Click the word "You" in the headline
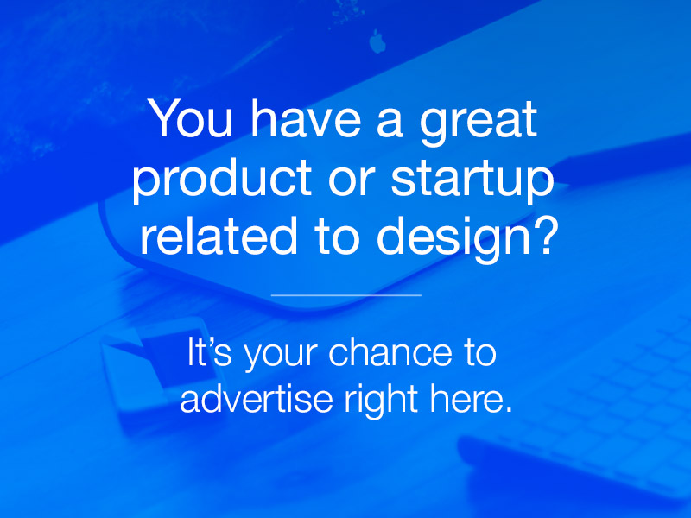click(x=192, y=119)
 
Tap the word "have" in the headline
click(x=306, y=118)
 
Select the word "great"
click(x=479, y=123)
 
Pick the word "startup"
click(x=472, y=180)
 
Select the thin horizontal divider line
click(x=346, y=295)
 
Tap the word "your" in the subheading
click(x=281, y=356)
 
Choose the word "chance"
click(x=390, y=351)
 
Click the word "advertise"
click(x=257, y=398)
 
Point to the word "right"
click(x=381, y=401)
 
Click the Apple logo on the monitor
click(x=377, y=41)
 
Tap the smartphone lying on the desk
click(x=161, y=375)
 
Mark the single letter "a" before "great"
click(x=390, y=123)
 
